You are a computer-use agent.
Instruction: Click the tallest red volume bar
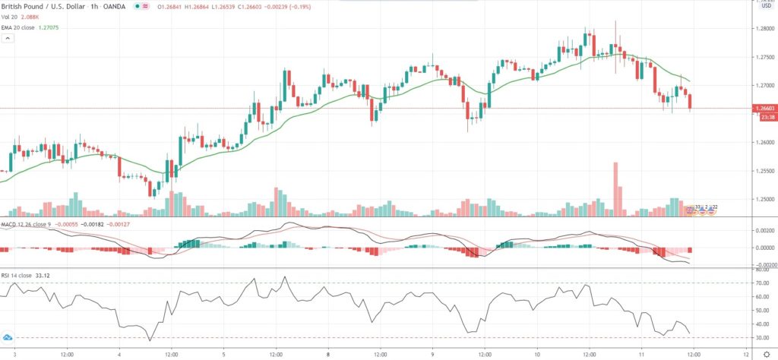tap(615, 190)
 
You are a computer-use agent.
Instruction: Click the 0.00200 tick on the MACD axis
tap(762, 229)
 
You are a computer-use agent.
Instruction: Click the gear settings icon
tap(766, 354)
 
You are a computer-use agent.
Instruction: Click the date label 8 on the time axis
tap(328, 353)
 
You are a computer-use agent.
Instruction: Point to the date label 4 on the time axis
tap(119, 353)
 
